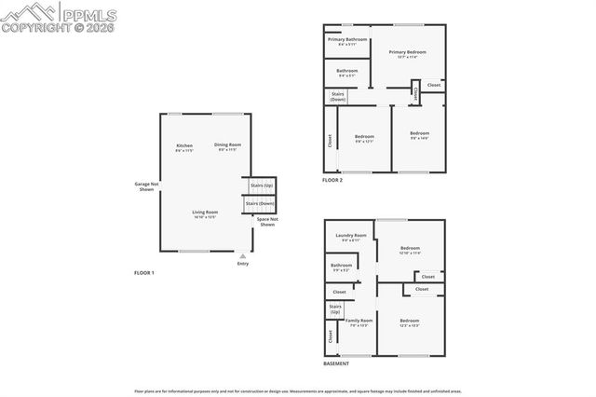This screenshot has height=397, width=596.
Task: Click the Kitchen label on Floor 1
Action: click(x=184, y=147)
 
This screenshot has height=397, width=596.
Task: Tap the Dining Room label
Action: click(x=228, y=146)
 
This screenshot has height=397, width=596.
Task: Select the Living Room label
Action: click(x=205, y=214)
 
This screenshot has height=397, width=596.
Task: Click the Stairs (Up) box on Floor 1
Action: click(x=262, y=185)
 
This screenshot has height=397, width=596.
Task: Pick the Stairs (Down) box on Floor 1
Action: click(x=260, y=204)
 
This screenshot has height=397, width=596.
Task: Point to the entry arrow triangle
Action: click(x=243, y=254)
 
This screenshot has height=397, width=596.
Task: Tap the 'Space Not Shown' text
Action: click(x=267, y=222)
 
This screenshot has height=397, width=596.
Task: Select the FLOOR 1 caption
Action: click(x=144, y=272)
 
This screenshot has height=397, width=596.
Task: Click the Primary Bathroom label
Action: click(x=347, y=42)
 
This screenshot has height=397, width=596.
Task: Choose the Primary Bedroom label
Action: click(x=407, y=54)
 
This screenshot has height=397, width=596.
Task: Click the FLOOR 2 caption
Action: click(x=332, y=180)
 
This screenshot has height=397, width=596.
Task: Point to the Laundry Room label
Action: click(x=351, y=238)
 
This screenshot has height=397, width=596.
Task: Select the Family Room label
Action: click(x=359, y=322)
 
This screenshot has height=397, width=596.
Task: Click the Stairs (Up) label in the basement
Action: click(x=335, y=310)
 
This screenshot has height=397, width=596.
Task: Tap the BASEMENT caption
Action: click(x=336, y=363)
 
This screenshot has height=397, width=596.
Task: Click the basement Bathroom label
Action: click(x=341, y=267)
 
